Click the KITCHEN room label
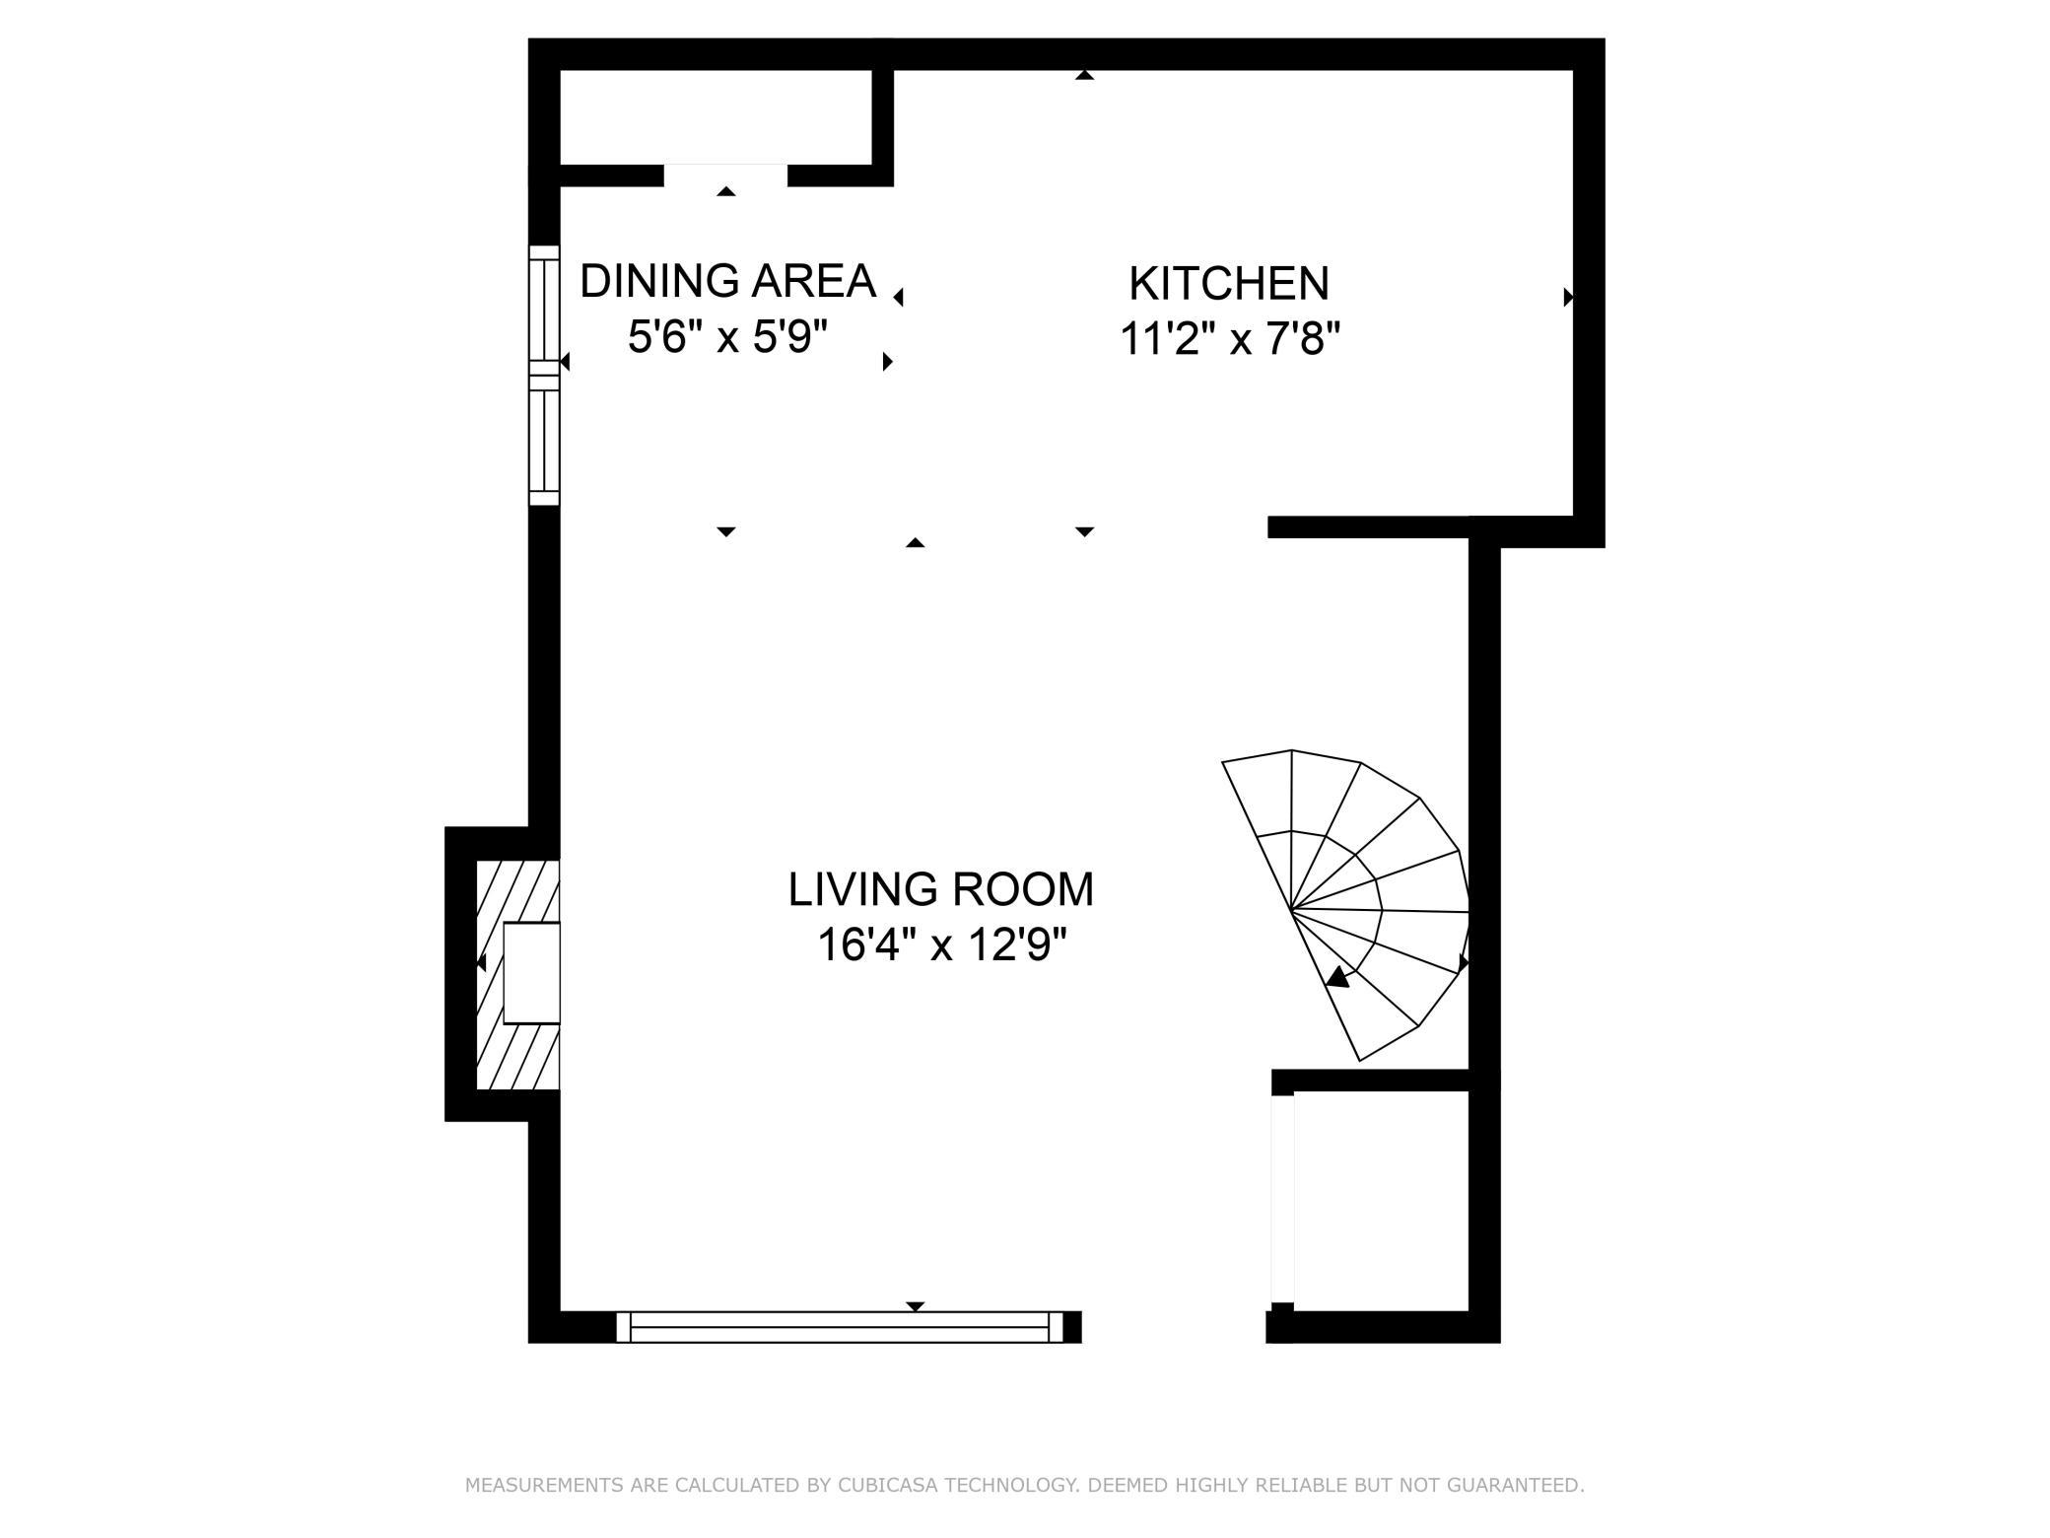click(x=1229, y=284)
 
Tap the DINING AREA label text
click(x=727, y=281)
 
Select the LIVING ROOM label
click(x=941, y=889)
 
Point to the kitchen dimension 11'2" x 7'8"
click(x=1230, y=341)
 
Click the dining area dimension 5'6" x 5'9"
click(x=727, y=338)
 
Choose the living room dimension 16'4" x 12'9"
click(x=942, y=946)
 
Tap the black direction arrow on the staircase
click(x=1337, y=976)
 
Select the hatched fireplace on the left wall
click(x=518, y=975)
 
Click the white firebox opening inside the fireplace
click(x=532, y=973)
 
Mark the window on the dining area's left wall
click(x=544, y=376)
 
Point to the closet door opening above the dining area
click(x=725, y=175)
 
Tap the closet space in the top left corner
click(x=716, y=117)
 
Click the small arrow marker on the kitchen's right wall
click(x=1568, y=297)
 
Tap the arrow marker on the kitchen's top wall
click(x=1085, y=75)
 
